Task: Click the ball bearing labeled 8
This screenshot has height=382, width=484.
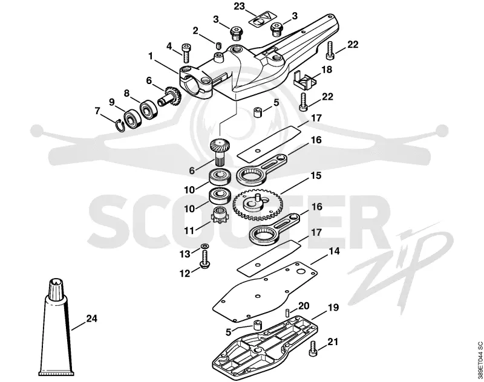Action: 149,109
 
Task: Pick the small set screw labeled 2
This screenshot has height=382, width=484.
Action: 218,47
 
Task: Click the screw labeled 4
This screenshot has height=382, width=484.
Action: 186,56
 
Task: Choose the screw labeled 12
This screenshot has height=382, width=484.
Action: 204,259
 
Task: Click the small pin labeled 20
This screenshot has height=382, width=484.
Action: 287,312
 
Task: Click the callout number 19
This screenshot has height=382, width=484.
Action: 333,308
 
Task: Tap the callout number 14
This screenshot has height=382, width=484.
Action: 334,251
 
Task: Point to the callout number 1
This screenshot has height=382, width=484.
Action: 151,56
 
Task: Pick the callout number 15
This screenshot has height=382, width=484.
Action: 316,175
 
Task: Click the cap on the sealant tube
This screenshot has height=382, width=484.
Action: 56,287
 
